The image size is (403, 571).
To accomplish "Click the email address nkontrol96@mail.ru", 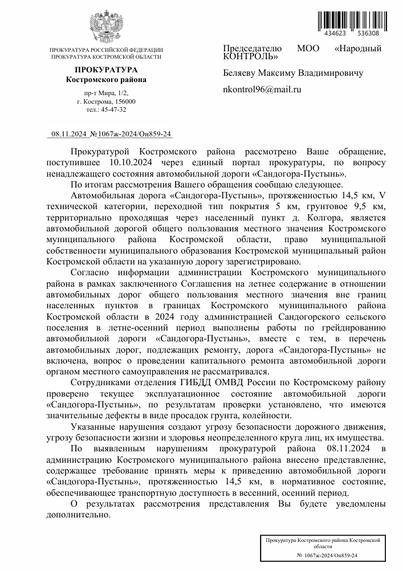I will coord(262,90).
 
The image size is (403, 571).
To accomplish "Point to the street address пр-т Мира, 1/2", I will coord(106,92).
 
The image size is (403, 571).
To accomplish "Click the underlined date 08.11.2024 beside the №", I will coord(68,134).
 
